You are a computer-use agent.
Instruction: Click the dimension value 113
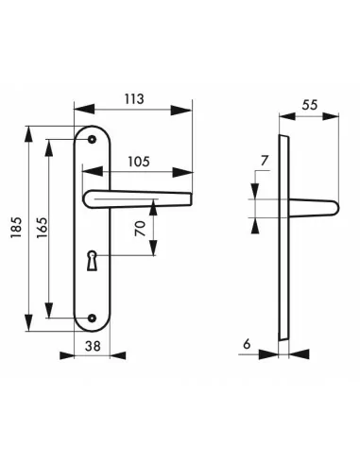coord(134,99)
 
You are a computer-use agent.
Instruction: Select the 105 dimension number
coord(139,162)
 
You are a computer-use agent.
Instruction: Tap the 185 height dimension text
coord(16,228)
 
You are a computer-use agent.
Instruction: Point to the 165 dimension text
coord(42,228)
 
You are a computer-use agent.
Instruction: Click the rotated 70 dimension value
coord(141,229)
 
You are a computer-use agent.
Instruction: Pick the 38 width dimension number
coord(93,346)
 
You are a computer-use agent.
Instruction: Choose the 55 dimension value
coord(310,105)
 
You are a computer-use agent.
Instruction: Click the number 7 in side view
coord(265,161)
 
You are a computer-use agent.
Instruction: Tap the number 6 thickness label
coord(247,344)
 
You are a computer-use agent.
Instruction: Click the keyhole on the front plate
coord(92,261)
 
